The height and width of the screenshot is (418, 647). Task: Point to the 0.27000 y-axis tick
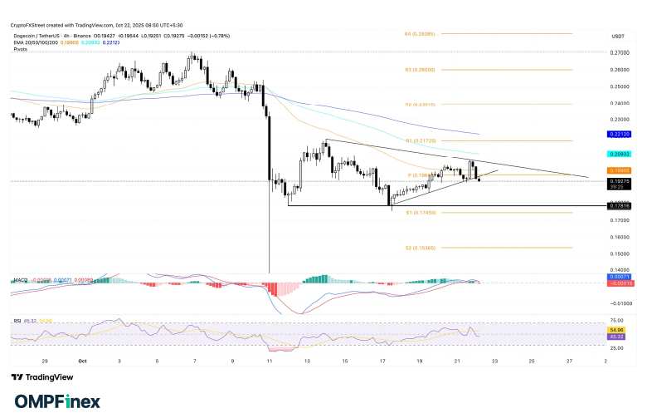click(x=620, y=53)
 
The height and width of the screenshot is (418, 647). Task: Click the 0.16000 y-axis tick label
click(x=620, y=237)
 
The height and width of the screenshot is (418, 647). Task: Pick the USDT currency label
click(x=618, y=37)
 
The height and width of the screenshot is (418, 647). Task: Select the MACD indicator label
click(x=18, y=281)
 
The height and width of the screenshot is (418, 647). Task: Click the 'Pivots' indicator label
click(x=20, y=50)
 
